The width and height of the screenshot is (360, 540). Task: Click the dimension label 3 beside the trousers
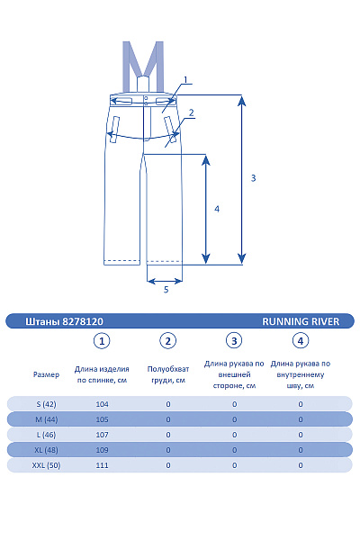(x=253, y=178)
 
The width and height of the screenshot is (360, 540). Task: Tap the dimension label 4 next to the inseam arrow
(x=217, y=209)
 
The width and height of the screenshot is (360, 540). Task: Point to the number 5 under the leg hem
(x=166, y=289)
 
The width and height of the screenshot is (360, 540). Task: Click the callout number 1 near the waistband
(x=185, y=80)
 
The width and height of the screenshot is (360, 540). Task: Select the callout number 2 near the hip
(x=191, y=112)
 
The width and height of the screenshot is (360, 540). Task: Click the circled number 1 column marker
(x=102, y=341)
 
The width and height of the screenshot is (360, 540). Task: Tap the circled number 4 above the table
(x=301, y=341)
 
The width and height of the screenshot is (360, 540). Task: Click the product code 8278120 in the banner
(x=83, y=321)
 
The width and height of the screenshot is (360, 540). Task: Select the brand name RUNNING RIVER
(x=301, y=321)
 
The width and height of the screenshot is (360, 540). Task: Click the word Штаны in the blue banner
(x=42, y=321)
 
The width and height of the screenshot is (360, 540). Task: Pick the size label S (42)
(x=46, y=404)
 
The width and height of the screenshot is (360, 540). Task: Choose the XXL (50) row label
(x=46, y=465)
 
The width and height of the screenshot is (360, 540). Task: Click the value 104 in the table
(x=102, y=404)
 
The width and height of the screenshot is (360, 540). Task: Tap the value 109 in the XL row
(x=102, y=450)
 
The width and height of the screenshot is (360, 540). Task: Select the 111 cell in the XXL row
(x=102, y=465)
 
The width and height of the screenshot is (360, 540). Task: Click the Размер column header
(x=46, y=374)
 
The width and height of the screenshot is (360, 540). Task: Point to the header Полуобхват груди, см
(x=168, y=374)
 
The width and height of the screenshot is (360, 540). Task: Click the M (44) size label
(x=47, y=419)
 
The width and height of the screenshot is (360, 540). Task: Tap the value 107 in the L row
(x=102, y=435)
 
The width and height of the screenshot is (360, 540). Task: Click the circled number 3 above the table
(x=234, y=341)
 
